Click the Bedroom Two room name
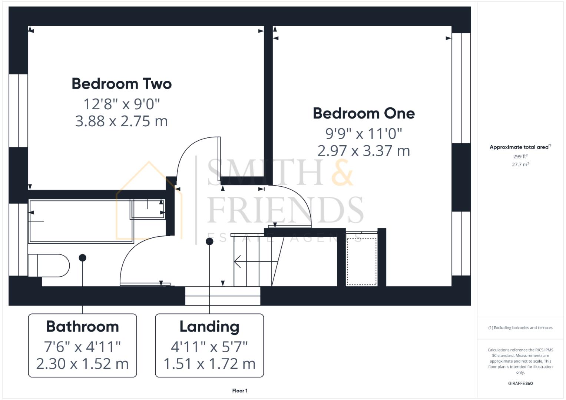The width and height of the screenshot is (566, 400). click(122, 84)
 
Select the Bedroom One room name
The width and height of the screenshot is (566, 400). click(364, 113)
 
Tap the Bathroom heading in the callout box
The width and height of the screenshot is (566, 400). click(82, 327)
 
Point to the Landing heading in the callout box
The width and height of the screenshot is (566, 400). click(209, 327)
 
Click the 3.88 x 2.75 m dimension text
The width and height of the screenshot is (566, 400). click(122, 121)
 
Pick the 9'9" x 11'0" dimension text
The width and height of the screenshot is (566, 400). click(364, 133)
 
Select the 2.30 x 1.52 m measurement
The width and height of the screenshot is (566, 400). click(82, 364)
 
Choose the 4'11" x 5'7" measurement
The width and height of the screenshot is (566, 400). click(209, 347)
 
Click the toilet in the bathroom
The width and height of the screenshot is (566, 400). click(49, 265)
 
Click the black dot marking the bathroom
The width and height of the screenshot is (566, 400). click(83, 258)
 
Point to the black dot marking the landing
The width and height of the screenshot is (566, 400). click(209, 241)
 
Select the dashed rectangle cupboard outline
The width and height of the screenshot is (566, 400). click(361, 261)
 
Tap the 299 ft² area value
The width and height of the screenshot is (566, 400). click(520, 157)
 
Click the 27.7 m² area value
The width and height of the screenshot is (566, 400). click(520, 164)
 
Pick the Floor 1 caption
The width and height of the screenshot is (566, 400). click(240, 391)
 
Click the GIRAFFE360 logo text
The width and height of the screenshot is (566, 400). click(520, 383)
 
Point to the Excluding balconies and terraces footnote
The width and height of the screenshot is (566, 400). click(520, 328)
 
